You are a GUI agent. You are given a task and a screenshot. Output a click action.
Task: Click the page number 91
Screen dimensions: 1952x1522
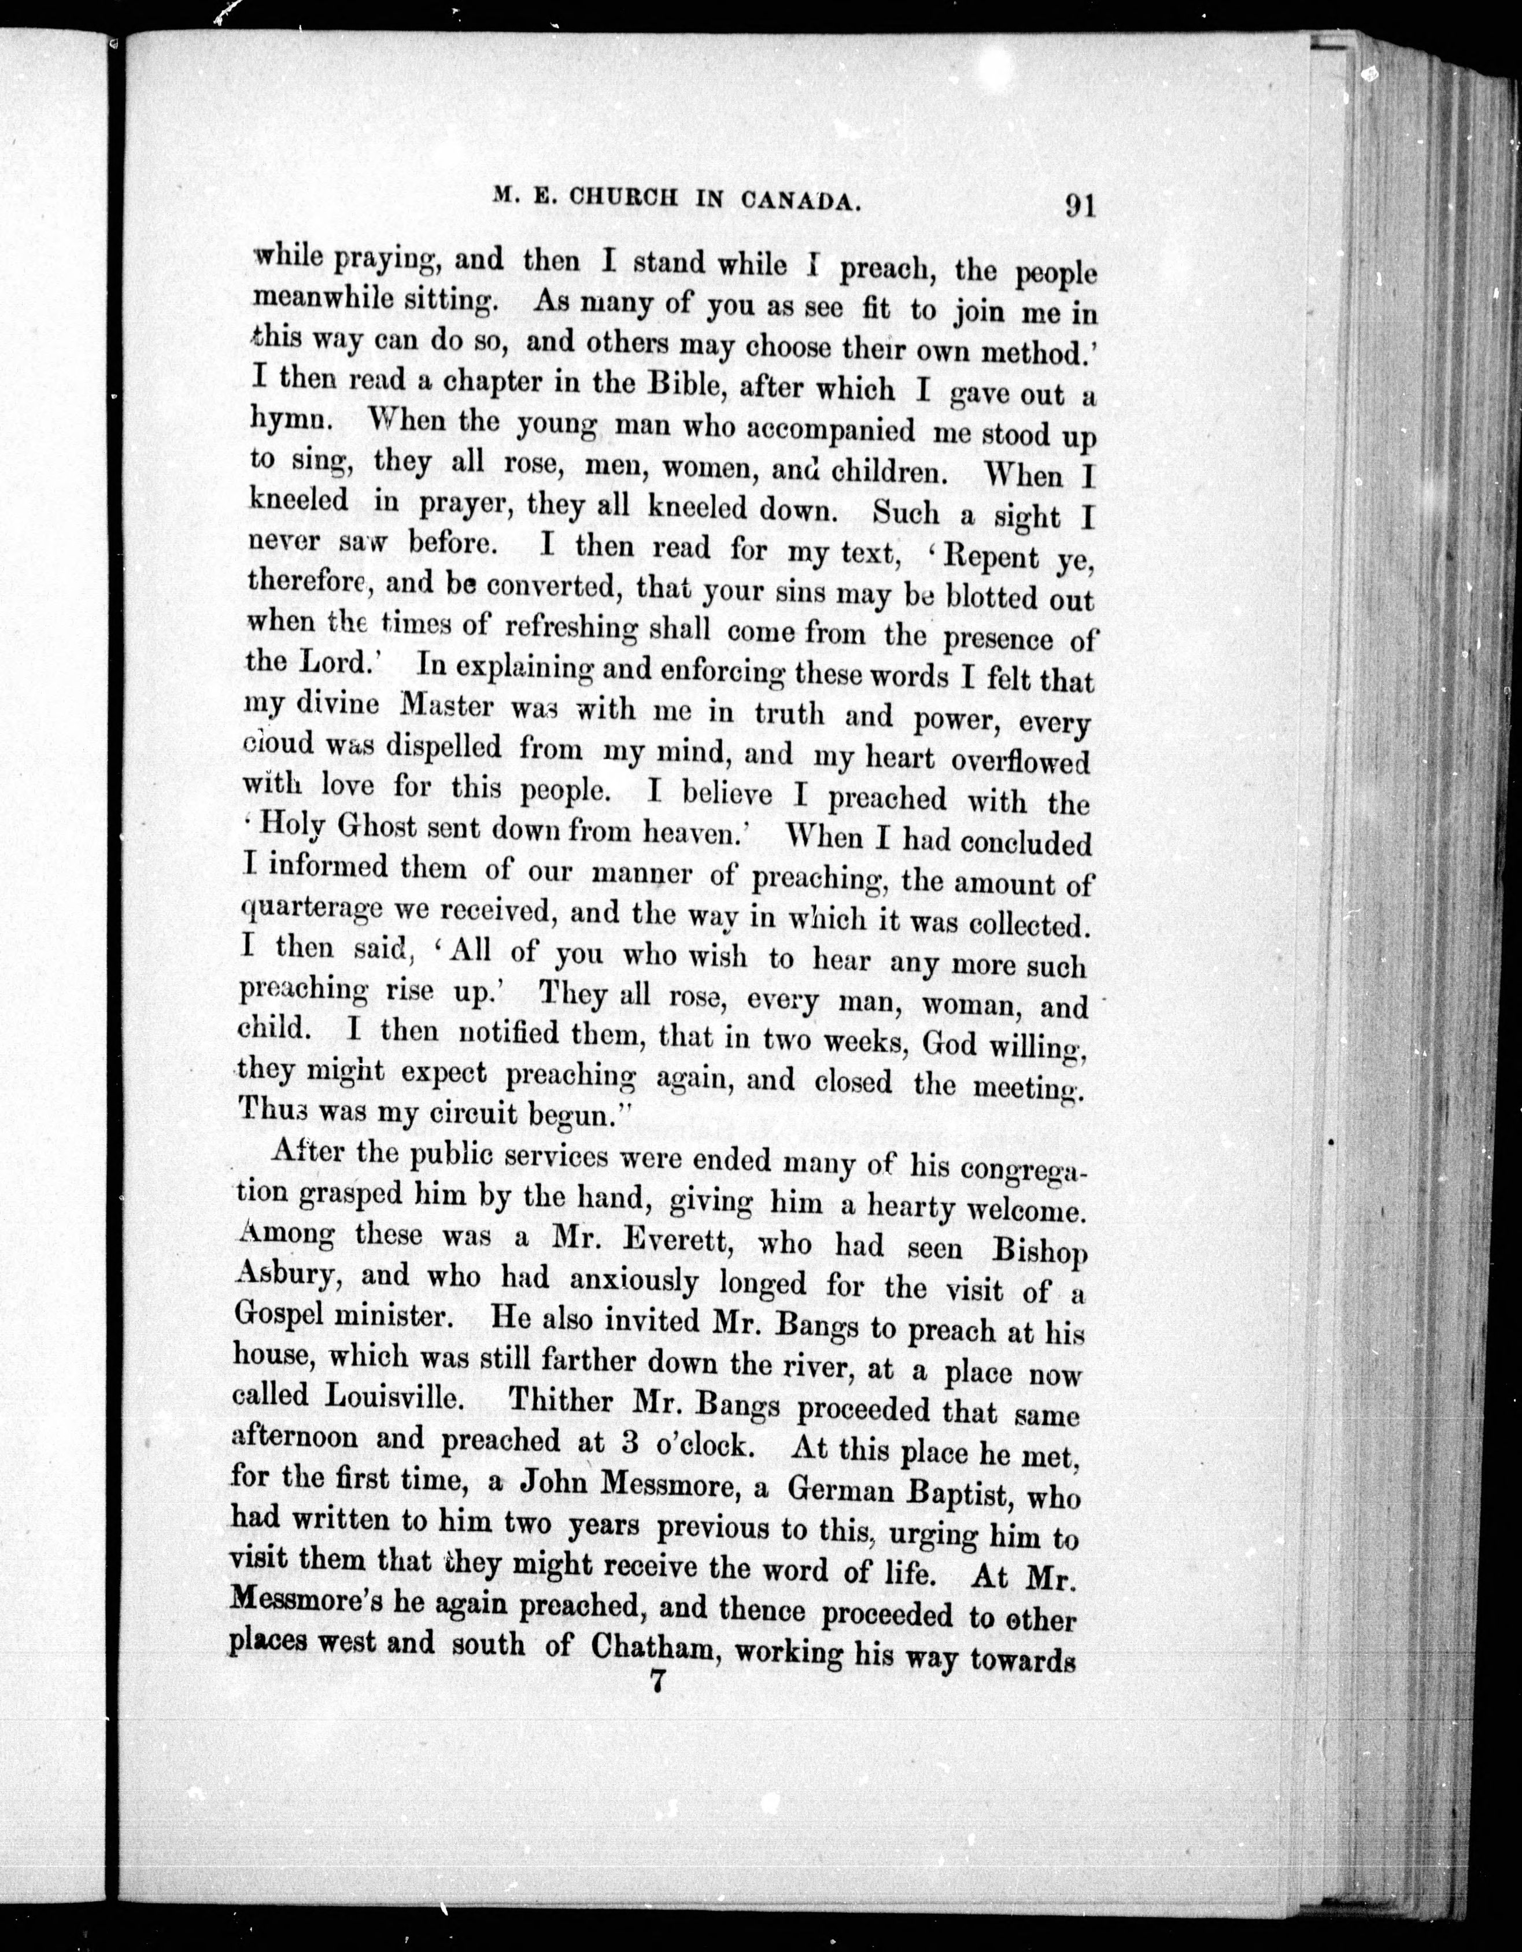coord(1080,206)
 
